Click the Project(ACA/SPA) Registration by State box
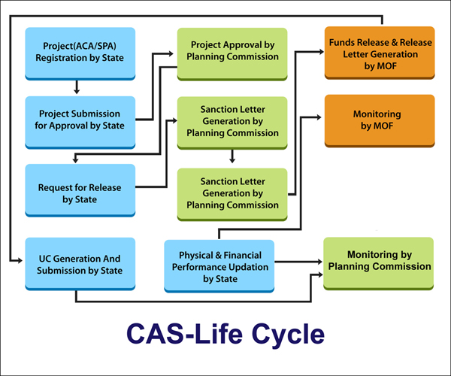(80, 52)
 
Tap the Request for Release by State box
(80, 187)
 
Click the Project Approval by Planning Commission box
(232, 52)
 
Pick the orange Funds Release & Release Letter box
(379, 52)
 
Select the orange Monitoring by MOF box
(379, 120)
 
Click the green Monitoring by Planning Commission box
(379, 260)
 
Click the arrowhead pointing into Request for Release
(75, 159)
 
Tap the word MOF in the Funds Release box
(379, 67)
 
